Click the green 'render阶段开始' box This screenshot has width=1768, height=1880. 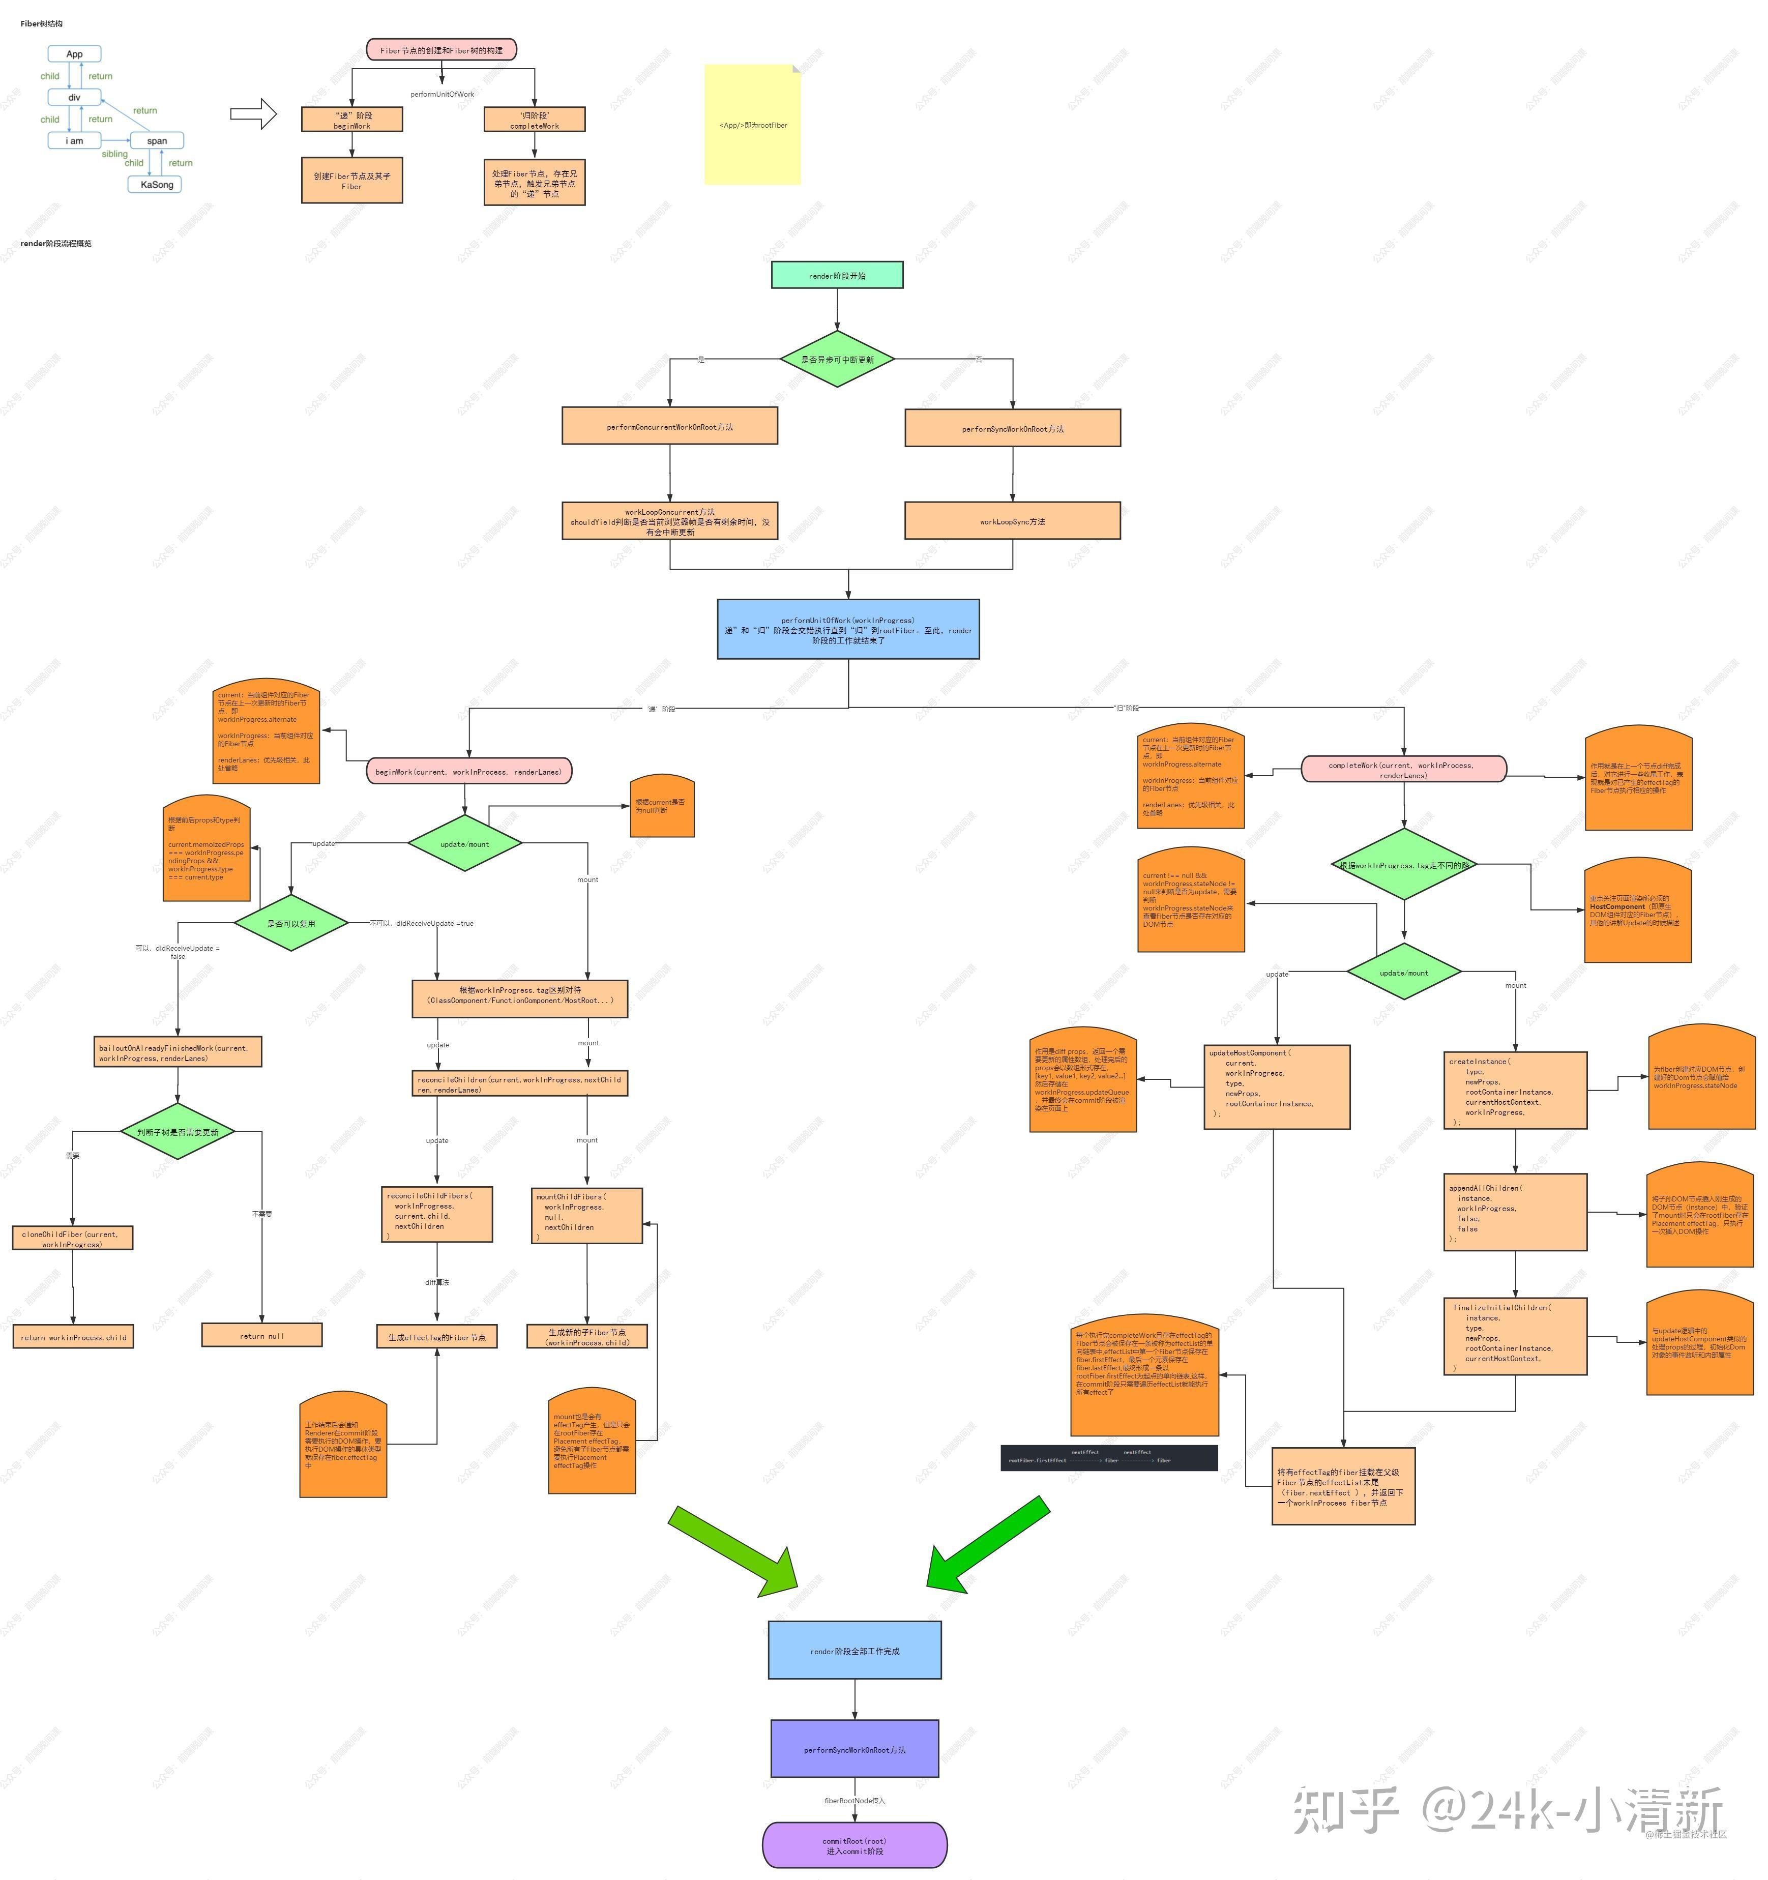coord(837,275)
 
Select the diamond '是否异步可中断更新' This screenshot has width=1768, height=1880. coord(837,359)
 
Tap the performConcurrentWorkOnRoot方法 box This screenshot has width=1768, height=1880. coord(669,426)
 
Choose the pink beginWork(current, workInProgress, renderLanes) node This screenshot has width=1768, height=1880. coord(468,772)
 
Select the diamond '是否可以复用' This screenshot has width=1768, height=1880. coord(290,923)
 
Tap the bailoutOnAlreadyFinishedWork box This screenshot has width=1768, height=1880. coord(178,1052)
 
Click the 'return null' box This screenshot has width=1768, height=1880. coord(262,1335)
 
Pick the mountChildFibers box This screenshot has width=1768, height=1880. coord(587,1215)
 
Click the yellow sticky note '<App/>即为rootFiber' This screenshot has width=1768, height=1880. coord(753,125)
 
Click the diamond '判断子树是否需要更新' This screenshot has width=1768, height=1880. coord(178,1131)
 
